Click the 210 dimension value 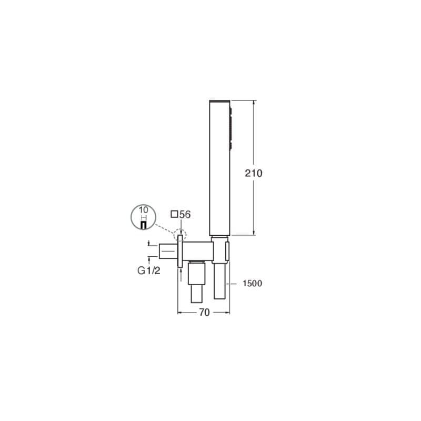254,173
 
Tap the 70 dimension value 204,313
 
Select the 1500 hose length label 252,284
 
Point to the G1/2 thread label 149,270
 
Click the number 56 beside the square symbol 185,215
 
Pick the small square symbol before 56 175,214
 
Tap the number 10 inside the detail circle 143,209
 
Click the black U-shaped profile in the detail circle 144,225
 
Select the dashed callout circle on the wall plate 180,235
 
